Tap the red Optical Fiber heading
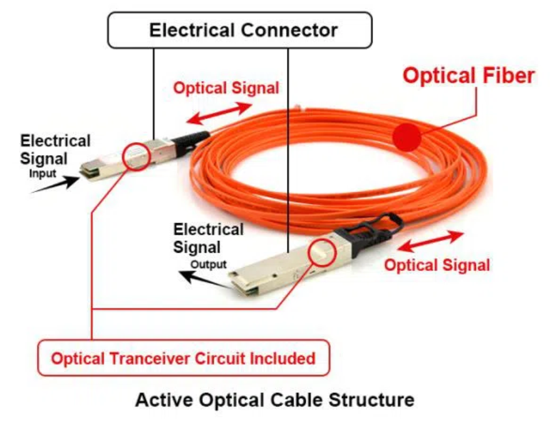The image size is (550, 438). click(x=469, y=76)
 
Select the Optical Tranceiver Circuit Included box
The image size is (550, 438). click(x=184, y=358)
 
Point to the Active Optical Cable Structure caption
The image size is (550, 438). click(x=274, y=399)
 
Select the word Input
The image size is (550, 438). click(x=42, y=173)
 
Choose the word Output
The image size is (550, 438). click(x=209, y=264)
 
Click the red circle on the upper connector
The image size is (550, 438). click(x=137, y=156)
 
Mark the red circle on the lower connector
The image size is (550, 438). click(x=323, y=252)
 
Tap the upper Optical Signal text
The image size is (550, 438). click(x=226, y=88)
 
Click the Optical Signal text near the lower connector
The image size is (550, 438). click(x=437, y=265)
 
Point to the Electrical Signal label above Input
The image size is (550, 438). click(x=55, y=150)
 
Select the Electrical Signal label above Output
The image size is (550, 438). click(x=208, y=238)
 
